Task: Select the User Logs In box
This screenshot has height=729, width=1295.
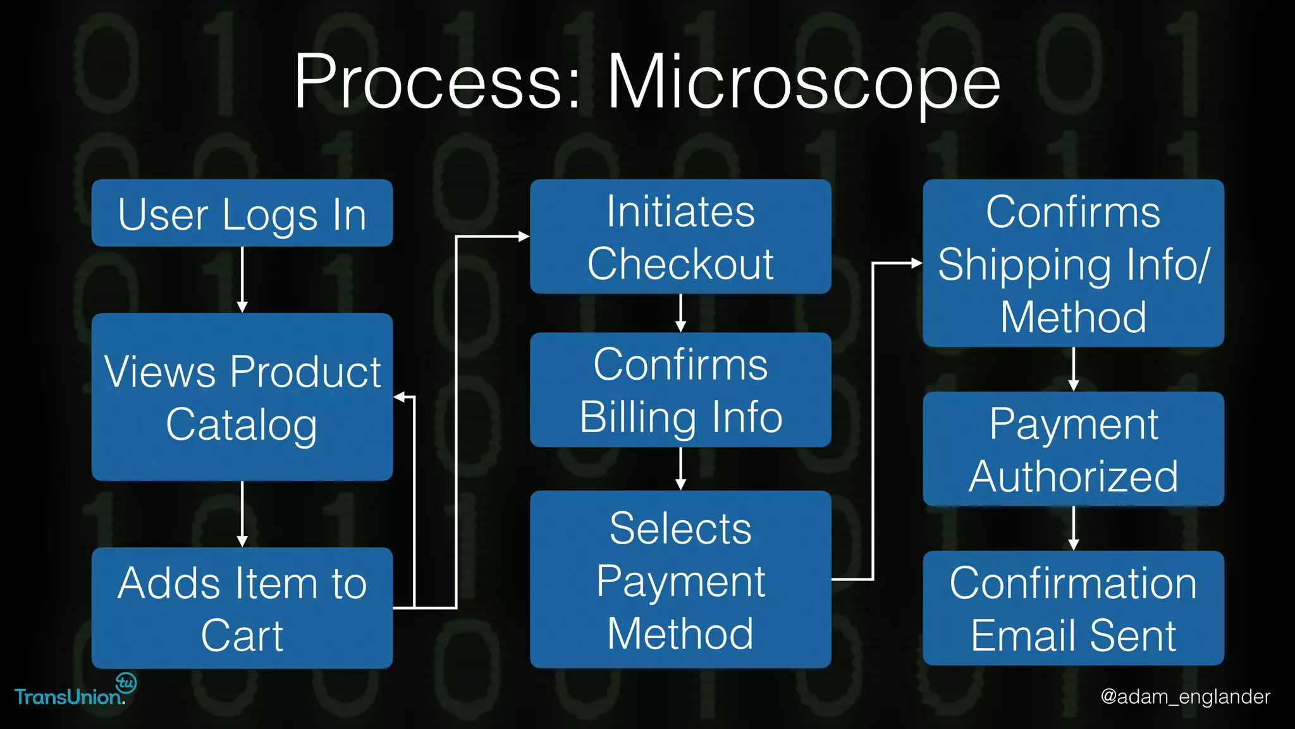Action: point(242,213)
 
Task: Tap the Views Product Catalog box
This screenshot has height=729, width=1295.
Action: point(242,397)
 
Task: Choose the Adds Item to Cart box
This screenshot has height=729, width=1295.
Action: point(242,607)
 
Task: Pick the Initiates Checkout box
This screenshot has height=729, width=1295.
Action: point(680,237)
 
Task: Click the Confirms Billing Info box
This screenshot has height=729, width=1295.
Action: point(680,390)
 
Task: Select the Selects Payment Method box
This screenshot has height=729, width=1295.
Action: point(680,579)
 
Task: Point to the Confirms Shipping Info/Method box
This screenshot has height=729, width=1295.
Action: point(1073,263)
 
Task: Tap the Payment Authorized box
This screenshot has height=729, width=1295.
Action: point(1073,449)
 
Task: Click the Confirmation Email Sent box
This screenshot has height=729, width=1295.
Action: point(1073,608)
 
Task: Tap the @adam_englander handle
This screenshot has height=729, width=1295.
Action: point(1185,697)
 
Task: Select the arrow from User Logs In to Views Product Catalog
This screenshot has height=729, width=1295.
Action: point(242,279)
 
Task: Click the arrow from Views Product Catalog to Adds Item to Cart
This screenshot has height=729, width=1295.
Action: point(242,513)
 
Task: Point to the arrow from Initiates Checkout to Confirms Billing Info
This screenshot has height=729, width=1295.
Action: point(680,313)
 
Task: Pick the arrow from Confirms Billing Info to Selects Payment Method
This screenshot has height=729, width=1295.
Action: point(680,468)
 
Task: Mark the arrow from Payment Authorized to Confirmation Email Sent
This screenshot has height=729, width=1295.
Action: point(1073,528)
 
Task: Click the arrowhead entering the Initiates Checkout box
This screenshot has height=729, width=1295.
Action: point(524,237)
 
